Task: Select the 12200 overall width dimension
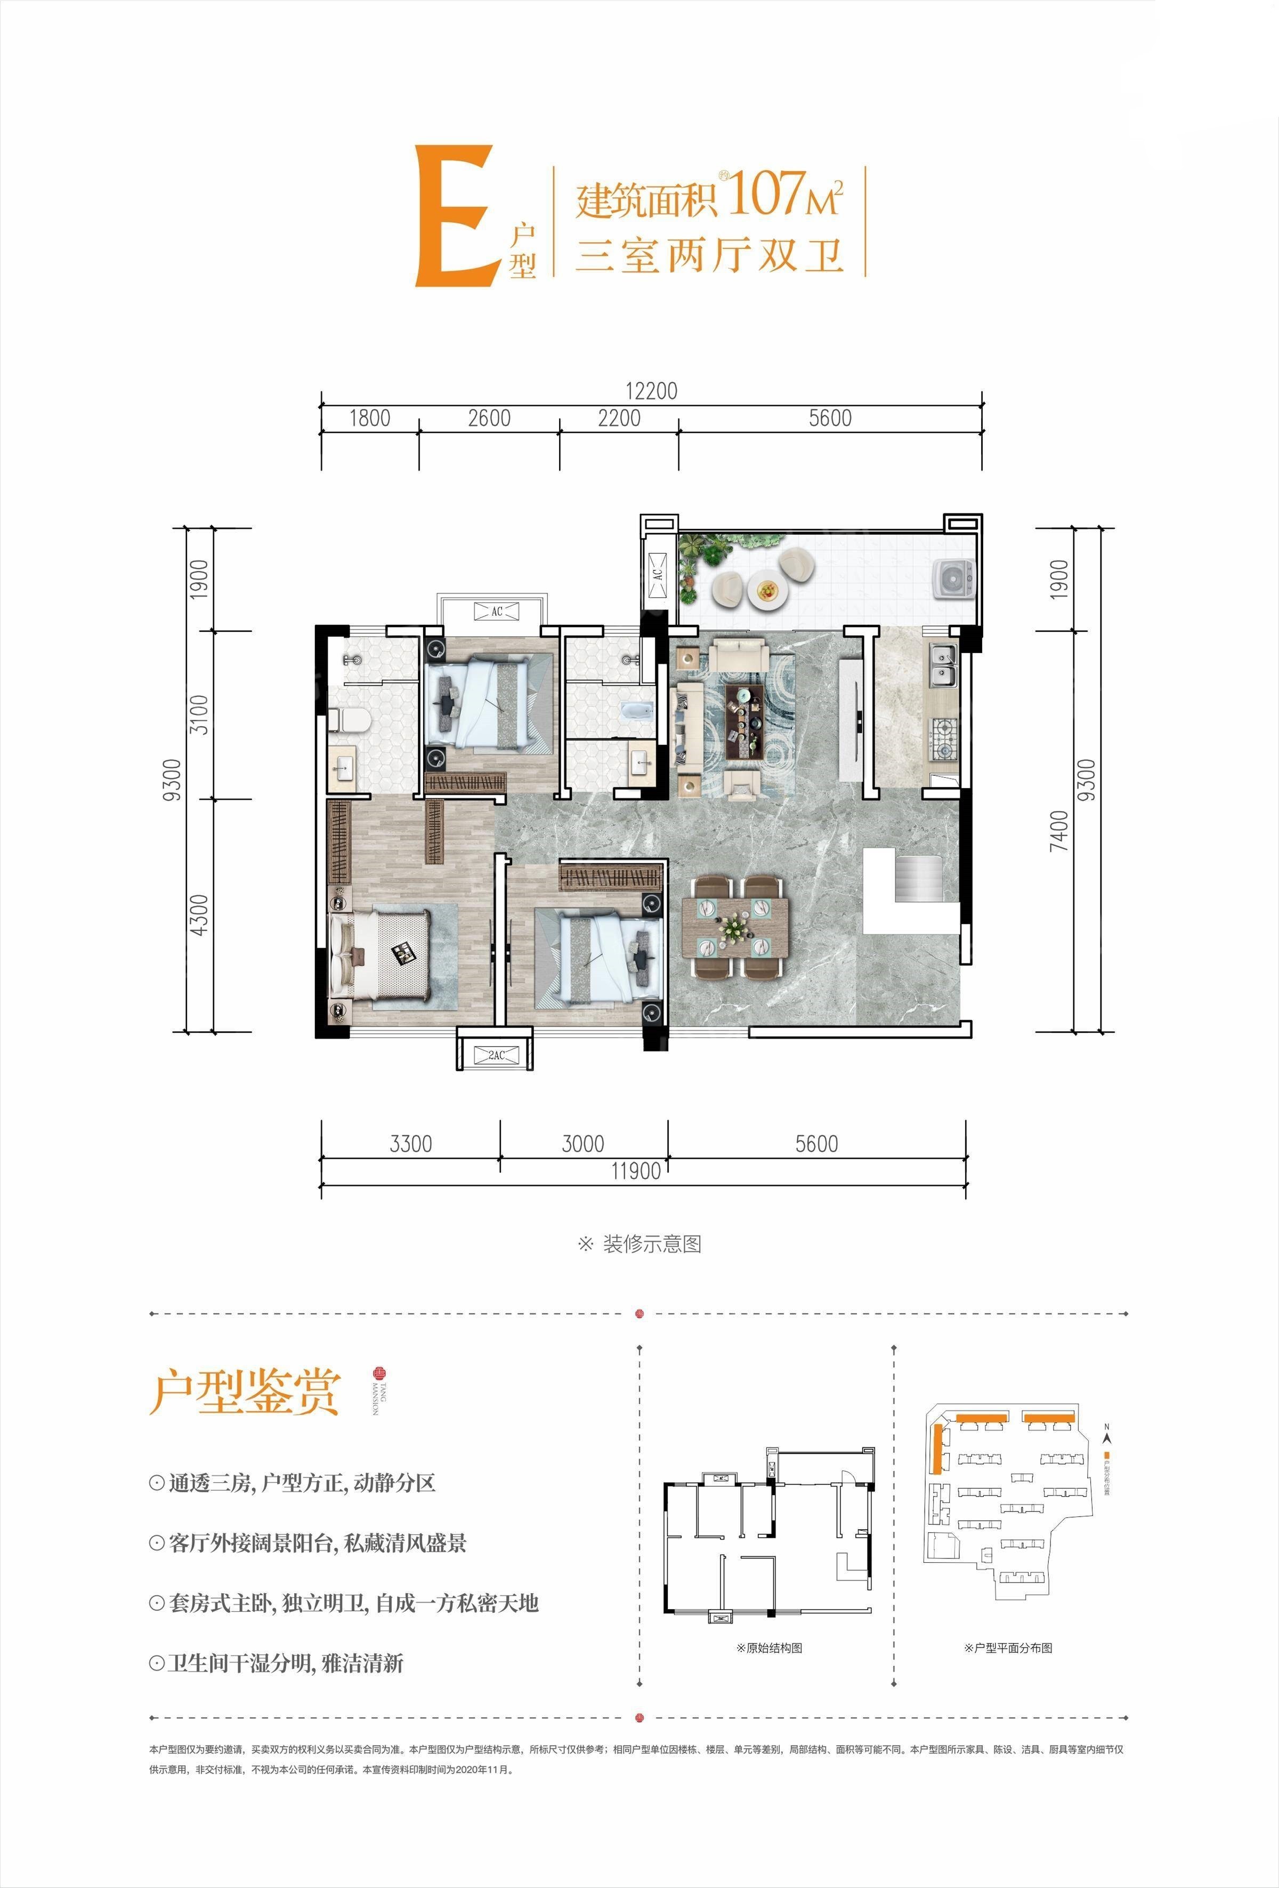651,391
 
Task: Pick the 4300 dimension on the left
199,914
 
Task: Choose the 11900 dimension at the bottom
635,1171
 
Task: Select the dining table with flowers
735,926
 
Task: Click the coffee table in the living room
744,708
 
